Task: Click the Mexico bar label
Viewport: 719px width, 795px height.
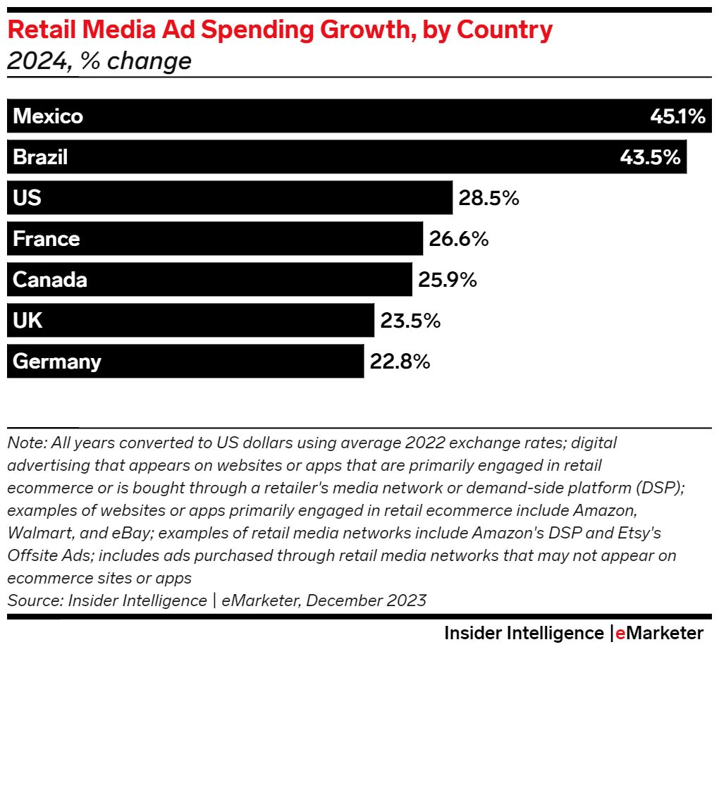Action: point(48,116)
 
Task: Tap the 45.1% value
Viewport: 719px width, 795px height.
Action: point(677,116)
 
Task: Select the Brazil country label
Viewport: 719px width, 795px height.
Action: point(40,157)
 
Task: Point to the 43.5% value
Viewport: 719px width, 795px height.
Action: point(650,157)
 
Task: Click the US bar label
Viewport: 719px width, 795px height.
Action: point(27,198)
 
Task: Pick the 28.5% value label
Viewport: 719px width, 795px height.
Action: point(489,198)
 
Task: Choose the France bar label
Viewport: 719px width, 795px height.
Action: point(47,239)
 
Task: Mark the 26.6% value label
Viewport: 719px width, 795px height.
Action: point(459,239)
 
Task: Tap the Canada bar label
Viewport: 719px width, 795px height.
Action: point(50,280)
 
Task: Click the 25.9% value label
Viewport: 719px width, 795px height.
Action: point(448,280)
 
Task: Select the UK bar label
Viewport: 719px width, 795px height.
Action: point(27,321)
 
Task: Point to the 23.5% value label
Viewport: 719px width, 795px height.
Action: point(410,321)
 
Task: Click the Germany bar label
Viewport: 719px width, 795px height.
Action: point(57,362)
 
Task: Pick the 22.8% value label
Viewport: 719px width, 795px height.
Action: point(400,362)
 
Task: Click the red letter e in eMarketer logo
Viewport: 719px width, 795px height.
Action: point(620,633)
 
